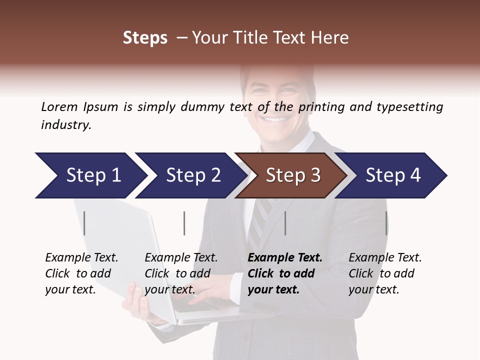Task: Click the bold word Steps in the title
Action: (x=145, y=38)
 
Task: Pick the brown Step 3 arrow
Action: (x=293, y=175)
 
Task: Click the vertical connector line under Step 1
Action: (x=84, y=223)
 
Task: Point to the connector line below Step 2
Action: (x=184, y=223)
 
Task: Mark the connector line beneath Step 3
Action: (x=285, y=223)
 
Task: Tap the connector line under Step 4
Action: (x=386, y=223)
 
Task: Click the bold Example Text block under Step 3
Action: (x=285, y=273)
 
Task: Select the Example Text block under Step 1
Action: (x=81, y=273)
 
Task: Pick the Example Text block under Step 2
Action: (x=181, y=273)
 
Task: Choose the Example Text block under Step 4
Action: (x=385, y=273)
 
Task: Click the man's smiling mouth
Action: (x=274, y=119)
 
